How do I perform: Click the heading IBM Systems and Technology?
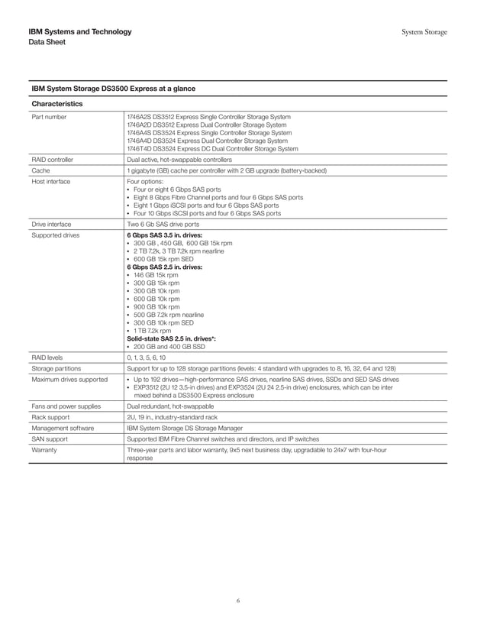click(x=79, y=31)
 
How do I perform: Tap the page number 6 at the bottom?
click(x=238, y=601)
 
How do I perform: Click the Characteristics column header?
click(x=57, y=103)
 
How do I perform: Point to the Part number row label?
click(x=49, y=117)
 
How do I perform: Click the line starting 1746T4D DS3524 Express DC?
click(x=211, y=149)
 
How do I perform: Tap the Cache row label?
click(x=40, y=171)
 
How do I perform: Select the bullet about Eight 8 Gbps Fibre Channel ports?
click(x=218, y=197)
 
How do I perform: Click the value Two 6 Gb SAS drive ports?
click(x=163, y=225)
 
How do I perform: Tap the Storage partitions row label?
click(x=55, y=367)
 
